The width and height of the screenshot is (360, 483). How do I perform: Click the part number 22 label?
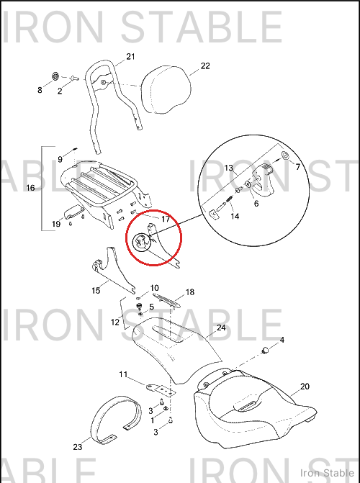[x=205, y=66]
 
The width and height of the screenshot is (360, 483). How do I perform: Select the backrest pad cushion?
[x=166, y=89]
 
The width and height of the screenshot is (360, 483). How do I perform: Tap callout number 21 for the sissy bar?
[x=130, y=57]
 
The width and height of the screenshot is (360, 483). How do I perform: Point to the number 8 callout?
[x=40, y=90]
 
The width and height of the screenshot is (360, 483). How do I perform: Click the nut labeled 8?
[x=55, y=76]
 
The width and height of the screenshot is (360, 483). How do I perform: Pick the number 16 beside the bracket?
[x=30, y=188]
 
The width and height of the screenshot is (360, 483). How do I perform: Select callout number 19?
[x=55, y=224]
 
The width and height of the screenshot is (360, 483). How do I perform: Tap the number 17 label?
[x=166, y=220]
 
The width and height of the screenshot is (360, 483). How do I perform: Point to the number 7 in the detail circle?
[x=298, y=167]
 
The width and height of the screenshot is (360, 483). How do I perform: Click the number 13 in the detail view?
[x=228, y=168]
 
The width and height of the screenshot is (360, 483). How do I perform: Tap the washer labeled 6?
[x=248, y=185]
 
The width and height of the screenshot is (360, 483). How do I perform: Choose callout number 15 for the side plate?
[x=96, y=291]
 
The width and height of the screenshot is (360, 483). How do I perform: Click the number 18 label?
[x=190, y=292]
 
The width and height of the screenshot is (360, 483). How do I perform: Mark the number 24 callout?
[x=221, y=328]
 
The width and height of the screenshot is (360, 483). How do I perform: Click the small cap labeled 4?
[x=264, y=351]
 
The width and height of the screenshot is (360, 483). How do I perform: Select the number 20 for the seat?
[x=305, y=387]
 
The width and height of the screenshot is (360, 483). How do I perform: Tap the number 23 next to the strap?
[x=77, y=446]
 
